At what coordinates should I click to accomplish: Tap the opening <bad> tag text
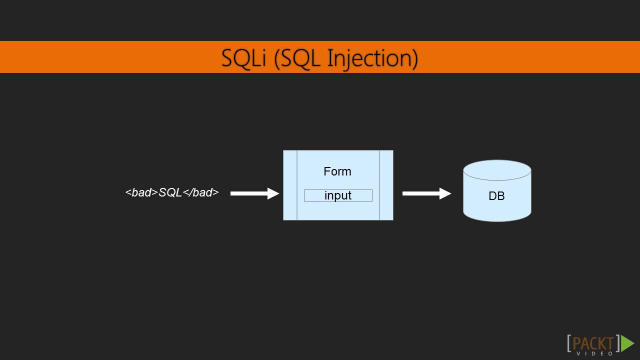pos(141,192)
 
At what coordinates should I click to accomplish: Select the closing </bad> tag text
pos(201,192)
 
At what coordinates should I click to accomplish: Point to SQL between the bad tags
pos(170,192)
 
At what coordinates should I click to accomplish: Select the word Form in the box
pos(337,171)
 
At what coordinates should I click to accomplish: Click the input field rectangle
pos(338,195)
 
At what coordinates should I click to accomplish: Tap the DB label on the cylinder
pos(496,196)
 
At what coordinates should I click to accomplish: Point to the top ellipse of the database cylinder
pos(497,170)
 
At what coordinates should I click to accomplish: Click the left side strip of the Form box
pos(290,185)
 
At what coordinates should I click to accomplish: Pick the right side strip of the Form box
pos(386,185)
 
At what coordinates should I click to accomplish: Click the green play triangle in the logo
pos(627,343)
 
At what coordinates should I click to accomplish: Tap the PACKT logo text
pos(593,343)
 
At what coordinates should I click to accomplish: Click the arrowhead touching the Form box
pos(273,193)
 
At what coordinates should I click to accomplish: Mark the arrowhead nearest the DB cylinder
pos(445,193)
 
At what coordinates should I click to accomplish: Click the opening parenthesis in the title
pos(278,58)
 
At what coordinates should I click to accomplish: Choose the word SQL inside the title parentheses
pos(302,58)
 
